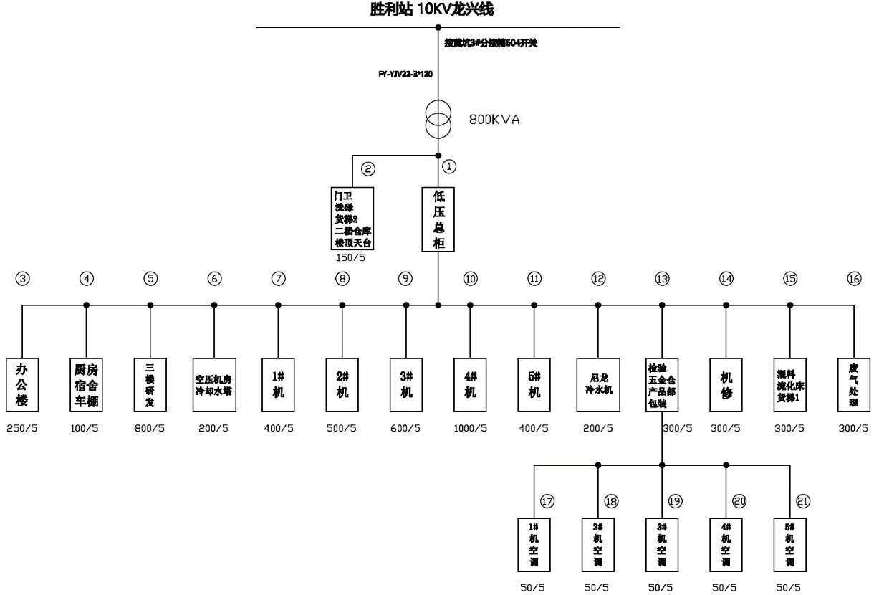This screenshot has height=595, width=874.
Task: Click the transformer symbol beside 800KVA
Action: pyautogui.click(x=438, y=120)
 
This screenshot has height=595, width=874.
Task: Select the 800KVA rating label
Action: pyautogui.click(x=494, y=120)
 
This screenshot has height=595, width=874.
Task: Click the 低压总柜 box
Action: pyautogui.click(x=438, y=219)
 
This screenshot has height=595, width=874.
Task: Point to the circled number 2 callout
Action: pyautogui.click(x=368, y=169)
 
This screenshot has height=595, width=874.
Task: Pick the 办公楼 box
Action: pyautogui.click(x=22, y=384)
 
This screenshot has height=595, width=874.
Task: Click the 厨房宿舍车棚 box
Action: pyautogui.click(x=86, y=384)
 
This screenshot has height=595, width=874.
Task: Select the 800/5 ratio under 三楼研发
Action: pyautogui.click(x=150, y=429)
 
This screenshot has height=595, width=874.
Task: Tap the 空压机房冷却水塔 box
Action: pyautogui.click(x=214, y=384)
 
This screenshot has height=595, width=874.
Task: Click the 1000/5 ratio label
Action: pyautogui.click(x=470, y=429)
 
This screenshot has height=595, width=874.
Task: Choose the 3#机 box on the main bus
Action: pyautogui.click(x=406, y=384)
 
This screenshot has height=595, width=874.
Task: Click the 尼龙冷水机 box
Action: pyautogui.click(x=598, y=384)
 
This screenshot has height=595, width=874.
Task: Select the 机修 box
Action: pyautogui.click(x=726, y=384)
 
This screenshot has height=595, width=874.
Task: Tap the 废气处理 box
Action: pyautogui.click(x=854, y=384)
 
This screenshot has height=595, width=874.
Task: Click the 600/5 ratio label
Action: pyautogui.click(x=406, y=429)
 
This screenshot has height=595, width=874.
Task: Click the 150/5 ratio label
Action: pyautogui.click(x=350, y=258)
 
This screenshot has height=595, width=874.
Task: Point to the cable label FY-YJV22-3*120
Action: pyautogui.click(x=405, y=74)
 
